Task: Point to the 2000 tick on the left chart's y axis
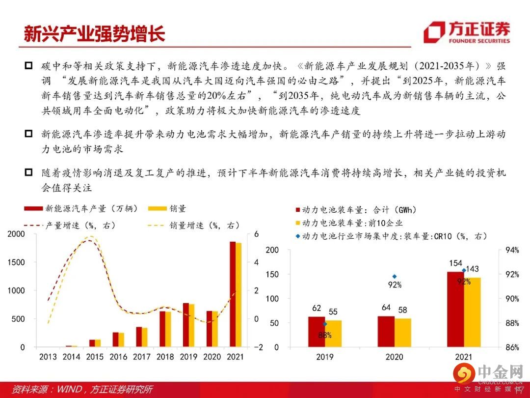[16, 234]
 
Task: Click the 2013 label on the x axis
[48, 357]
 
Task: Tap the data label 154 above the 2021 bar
[456, 264]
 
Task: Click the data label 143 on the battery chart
[473, 269]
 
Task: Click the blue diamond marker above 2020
[394, 277]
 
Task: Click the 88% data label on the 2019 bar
[324, 335]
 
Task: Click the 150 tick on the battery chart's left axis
[272, 274]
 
